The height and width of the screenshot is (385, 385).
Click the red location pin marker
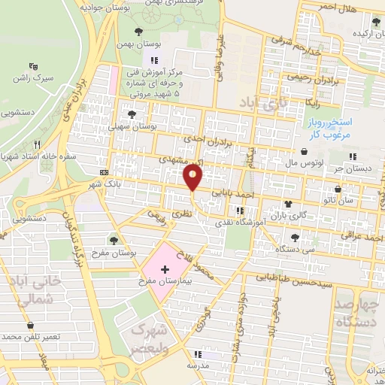(x=193, y=177)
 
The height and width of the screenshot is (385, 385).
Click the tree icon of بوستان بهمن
(x=138, y=32)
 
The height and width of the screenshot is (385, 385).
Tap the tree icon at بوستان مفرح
(x=114, y=240)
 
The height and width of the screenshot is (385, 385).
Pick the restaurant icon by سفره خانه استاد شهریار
(x=35, y=144)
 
